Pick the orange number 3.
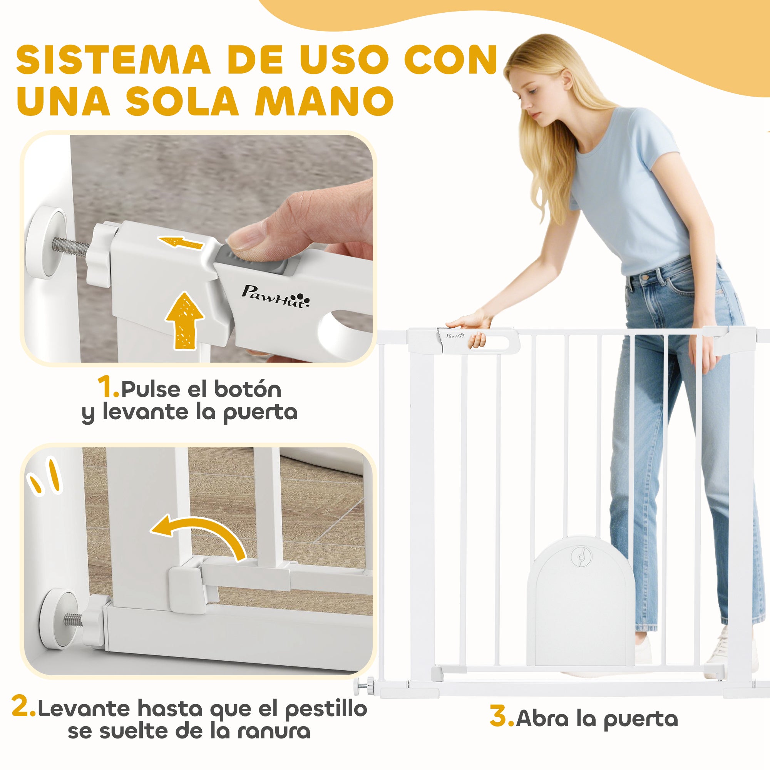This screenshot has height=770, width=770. pos(501,716)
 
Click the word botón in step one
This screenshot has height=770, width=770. pos(248,389)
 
